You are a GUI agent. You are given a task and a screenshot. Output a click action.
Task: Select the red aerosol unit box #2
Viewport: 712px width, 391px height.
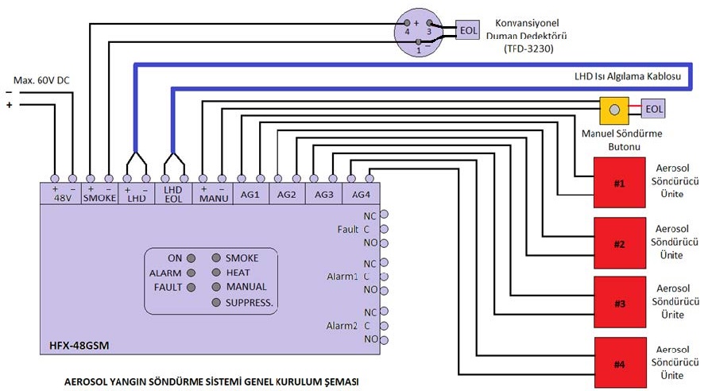(x=619, y=243)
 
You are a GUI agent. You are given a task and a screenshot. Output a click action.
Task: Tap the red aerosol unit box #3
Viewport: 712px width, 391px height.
(x=619, y=304)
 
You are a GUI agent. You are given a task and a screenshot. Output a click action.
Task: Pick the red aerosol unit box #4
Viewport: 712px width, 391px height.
(x=619, y=364)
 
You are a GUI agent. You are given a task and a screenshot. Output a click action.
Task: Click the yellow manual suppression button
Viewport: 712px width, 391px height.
(x=614, y=109)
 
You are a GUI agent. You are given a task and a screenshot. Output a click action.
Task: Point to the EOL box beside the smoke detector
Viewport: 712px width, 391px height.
(x=469, y=31)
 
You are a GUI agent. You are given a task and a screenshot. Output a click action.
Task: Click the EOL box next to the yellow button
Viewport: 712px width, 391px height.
(x=654, y=109)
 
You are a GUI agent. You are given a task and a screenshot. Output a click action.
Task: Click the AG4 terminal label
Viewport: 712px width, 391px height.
(x=361, y=195)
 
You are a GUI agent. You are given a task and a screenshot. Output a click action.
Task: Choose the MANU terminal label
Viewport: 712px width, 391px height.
(x=215, y=195)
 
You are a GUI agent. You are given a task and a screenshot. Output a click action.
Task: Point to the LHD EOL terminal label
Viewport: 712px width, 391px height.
(x=173, y=195)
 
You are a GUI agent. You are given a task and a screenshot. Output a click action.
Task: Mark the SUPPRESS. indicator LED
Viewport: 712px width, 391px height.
(x=216, y=303)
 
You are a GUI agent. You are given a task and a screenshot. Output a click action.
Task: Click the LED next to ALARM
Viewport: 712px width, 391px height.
(x=190, y=273)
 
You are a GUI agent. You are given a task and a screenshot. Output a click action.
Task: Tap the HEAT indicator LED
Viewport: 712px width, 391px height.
(x=216, y=273)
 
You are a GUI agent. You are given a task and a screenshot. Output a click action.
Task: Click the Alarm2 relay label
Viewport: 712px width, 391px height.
(x=344, y=326)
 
